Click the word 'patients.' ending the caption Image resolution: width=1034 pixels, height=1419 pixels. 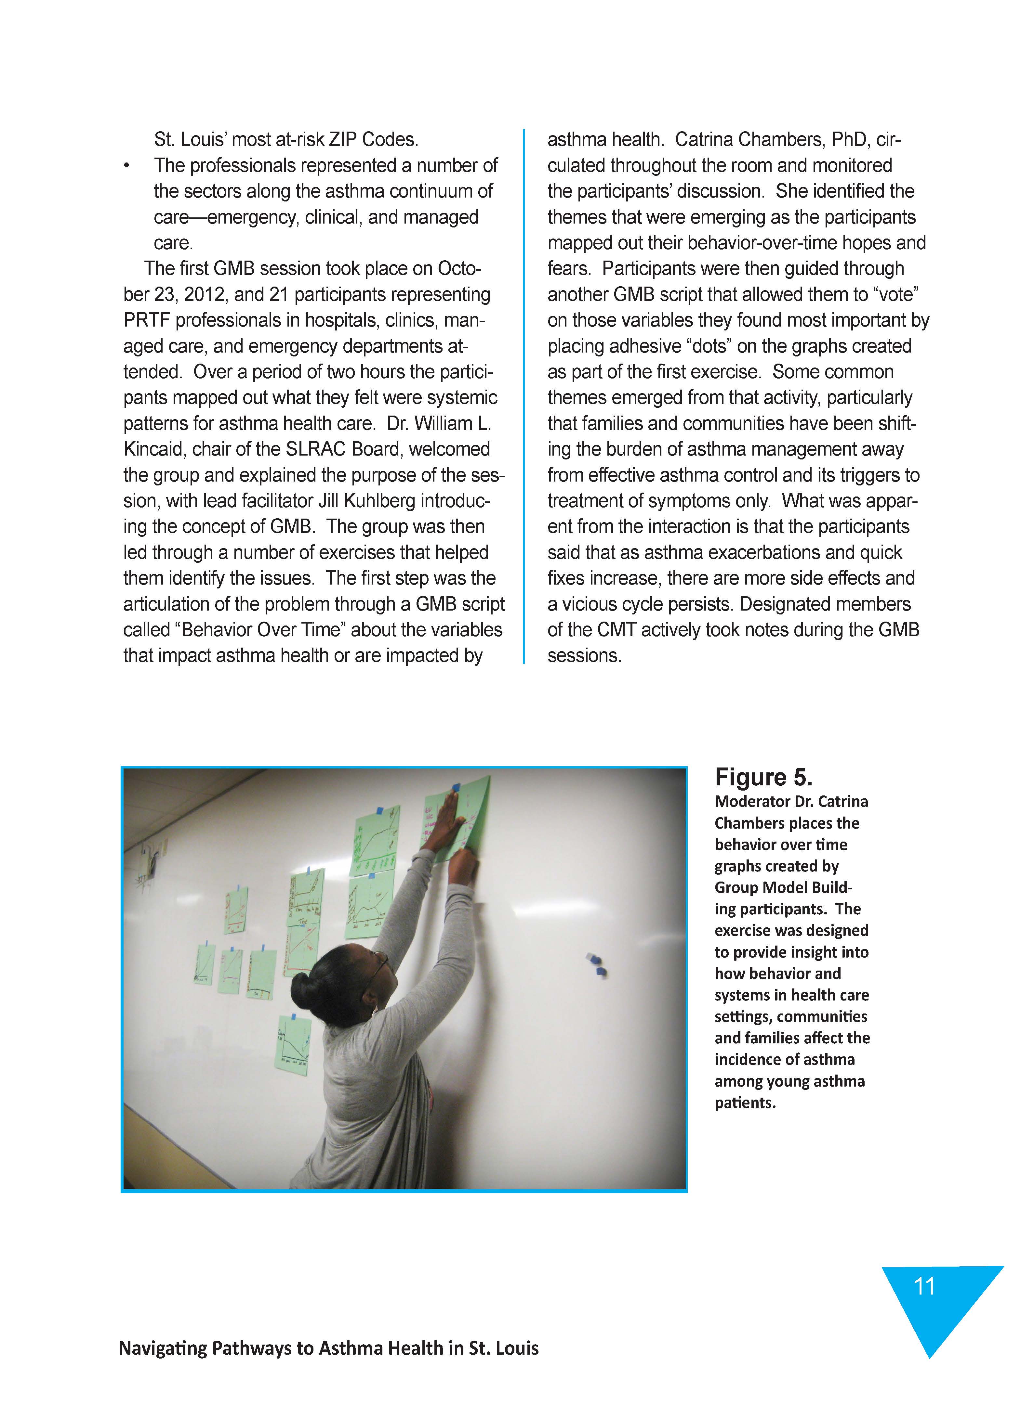745,1103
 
